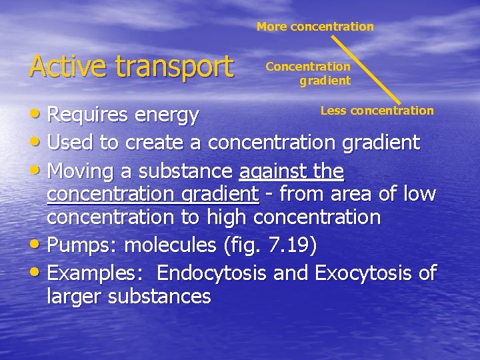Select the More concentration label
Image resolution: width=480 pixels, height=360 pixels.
click(315, 27)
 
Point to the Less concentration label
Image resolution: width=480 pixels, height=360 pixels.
click(377, 111)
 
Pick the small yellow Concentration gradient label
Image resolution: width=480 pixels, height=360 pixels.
click(308, 73)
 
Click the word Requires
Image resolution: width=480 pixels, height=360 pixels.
click(88, 115)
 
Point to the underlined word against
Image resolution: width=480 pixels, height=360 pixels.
click(267, 171)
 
